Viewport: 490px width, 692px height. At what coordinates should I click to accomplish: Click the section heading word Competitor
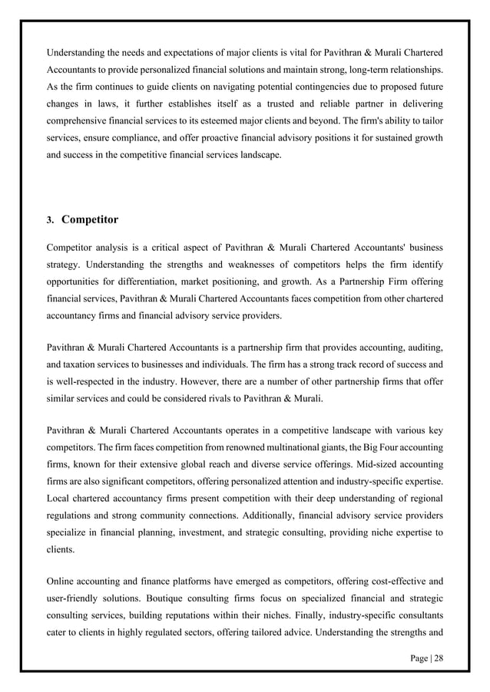coord(89,220)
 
